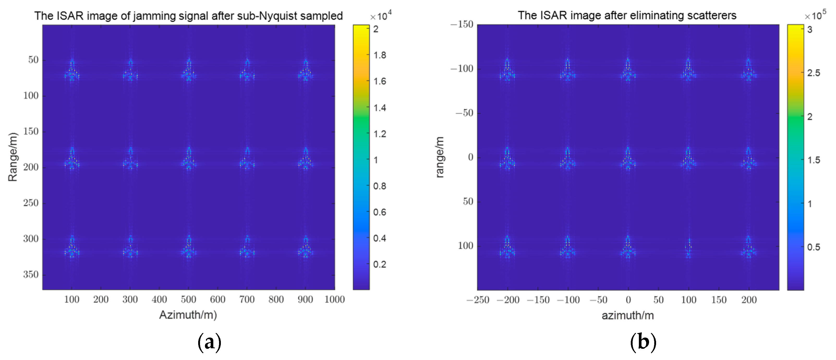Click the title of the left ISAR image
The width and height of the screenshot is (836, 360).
click(188, 16)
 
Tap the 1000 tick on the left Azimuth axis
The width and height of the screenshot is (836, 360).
click(335, 299)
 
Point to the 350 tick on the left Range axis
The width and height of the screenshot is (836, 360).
click(31, 275)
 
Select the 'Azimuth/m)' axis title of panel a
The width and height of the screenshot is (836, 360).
click(188, 315)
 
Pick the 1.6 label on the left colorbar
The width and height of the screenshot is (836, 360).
click(380, 81)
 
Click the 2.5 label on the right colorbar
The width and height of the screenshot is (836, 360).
click(814, 73)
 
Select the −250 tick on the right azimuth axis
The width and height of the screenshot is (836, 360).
click(478, 300)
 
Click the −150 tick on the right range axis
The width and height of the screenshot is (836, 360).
click(462, 24)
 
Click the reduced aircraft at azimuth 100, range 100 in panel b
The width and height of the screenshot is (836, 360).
click(688, 248)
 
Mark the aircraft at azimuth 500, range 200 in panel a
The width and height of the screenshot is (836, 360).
click(189, 159)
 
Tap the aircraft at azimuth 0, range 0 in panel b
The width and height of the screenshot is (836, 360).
click(628, 159)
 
